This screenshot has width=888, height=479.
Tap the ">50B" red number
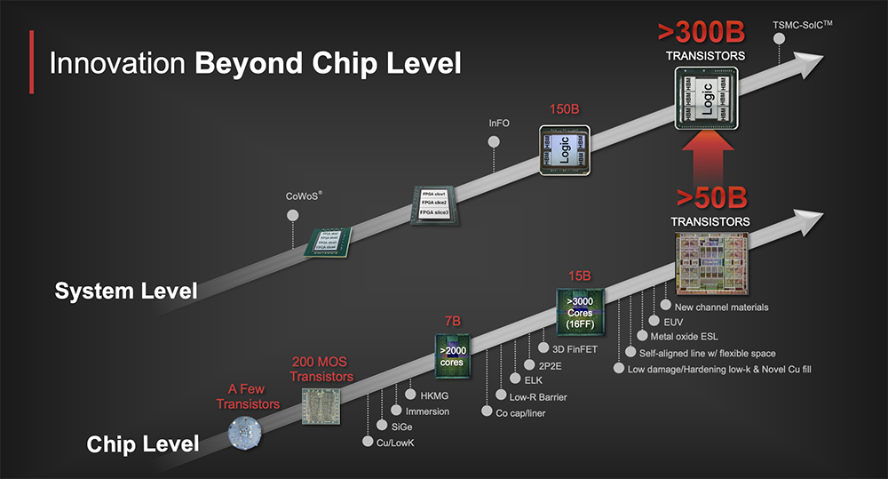[710, 197]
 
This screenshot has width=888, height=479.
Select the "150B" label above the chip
[563, 110]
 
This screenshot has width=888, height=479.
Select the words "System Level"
[126, 291]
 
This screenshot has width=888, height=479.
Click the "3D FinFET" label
[575, 349]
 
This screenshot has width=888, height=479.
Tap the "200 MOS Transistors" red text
[322, 370]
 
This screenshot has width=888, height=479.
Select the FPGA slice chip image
[434, 204]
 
